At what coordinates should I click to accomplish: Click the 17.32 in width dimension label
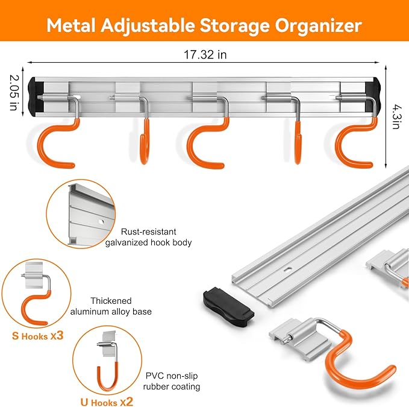pyautogui.click(x=205, y=55)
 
